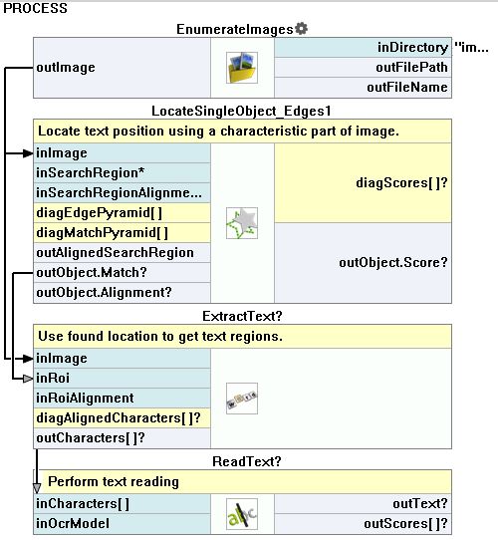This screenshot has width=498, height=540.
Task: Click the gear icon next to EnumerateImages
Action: tap(302, 29)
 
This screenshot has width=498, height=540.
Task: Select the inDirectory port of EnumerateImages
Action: tap(363, 47)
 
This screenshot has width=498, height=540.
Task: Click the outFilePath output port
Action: tap(363, 67)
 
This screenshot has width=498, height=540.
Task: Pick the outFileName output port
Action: tap(363, 87)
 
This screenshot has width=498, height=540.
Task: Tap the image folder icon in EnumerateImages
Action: tap(242, 68)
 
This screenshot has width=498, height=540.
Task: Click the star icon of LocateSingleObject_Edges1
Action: tap(242, 223)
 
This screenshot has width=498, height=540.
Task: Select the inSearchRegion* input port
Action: tap(122, 173)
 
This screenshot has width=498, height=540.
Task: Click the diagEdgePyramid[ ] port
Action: tap(122, 213)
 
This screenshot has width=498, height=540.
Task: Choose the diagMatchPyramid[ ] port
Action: tap(122, 233)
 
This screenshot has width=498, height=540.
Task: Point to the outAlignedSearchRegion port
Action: tap(122, 253)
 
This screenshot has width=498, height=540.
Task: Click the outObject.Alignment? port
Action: tap(122, 293)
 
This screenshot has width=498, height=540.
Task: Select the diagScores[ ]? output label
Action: tap(401, 183)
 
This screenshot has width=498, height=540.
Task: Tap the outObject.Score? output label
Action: tap(393, 263)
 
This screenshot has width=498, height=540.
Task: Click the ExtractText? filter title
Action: tap(242, 316)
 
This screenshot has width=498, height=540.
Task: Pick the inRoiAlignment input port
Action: tap(122, 399)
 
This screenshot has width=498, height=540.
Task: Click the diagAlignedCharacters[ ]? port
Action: tap(122, 418)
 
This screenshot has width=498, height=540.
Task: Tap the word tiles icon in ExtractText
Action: tap(242, 399)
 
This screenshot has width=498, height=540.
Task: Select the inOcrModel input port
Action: tap(122, 524)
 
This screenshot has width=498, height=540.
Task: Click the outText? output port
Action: tap(363, 504)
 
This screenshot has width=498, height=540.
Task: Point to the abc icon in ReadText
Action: tap(242, 514)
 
